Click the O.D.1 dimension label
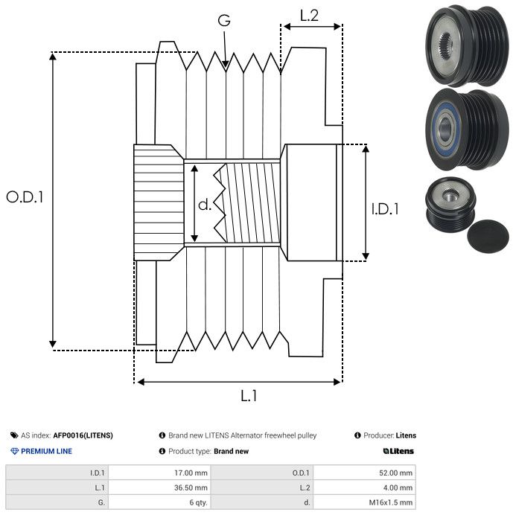click(25, 198)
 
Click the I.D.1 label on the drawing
click(385, 210)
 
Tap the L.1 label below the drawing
click(249, 397)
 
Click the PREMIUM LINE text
click(46, 451)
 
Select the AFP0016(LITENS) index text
click(83, 435)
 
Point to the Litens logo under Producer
click(398, 451)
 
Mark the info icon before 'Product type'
click(162, 451)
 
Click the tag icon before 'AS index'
click(14, 435)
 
